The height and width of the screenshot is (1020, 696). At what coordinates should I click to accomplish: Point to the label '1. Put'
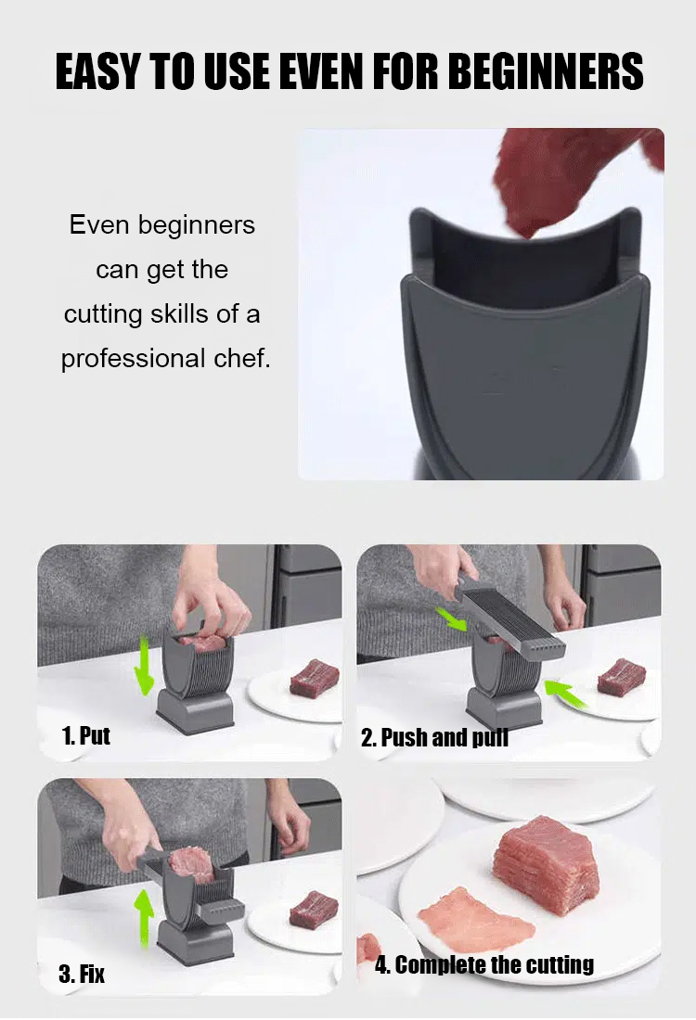(x=85, y=736)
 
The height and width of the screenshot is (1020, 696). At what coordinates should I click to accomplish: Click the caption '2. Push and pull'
(x=434, y=738)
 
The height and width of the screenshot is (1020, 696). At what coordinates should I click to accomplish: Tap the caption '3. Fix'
(x=82, y=974)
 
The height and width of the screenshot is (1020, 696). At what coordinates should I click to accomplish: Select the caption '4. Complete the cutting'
(x=483, y=965)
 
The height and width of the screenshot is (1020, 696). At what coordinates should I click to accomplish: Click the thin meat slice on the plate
(x=474, y=917)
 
